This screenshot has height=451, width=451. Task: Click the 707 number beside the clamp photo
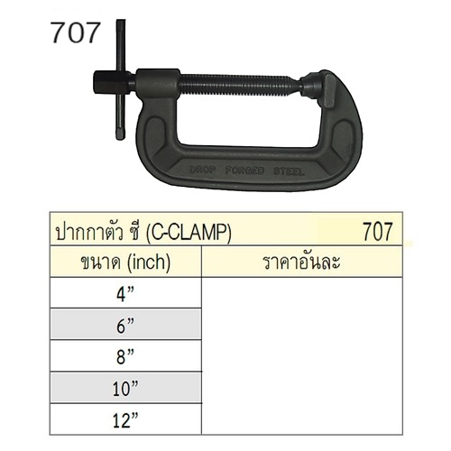[75, 32]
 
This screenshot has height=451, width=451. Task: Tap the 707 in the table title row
[378, 232]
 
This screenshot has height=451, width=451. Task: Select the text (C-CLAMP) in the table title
[189, 232]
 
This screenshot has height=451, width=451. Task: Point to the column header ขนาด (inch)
[125, 262]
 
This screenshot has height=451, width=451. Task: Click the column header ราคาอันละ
[301, 262]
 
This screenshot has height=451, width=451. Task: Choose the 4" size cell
[125, 293]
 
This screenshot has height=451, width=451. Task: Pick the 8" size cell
[125, 356]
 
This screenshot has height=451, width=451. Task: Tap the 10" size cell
[125, 388]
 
